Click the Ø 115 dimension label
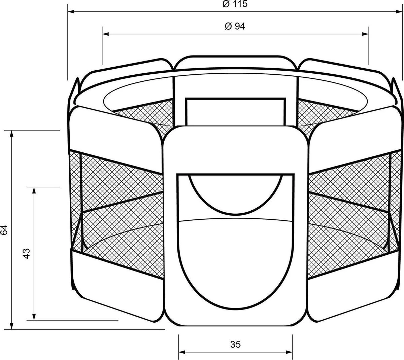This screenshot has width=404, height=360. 235,4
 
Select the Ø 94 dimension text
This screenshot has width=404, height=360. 234,26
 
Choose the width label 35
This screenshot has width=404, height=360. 236,344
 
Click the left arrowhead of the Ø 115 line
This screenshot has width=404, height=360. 71,12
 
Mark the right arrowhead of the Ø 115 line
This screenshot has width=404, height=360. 400,12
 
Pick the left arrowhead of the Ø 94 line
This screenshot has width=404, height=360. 105,34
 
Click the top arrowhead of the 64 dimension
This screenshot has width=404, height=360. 12,133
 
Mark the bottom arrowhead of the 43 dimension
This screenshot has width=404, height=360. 34,317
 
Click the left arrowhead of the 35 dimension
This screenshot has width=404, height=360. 181,353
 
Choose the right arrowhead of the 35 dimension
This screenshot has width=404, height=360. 290,353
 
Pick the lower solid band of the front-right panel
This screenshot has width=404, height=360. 353,286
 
